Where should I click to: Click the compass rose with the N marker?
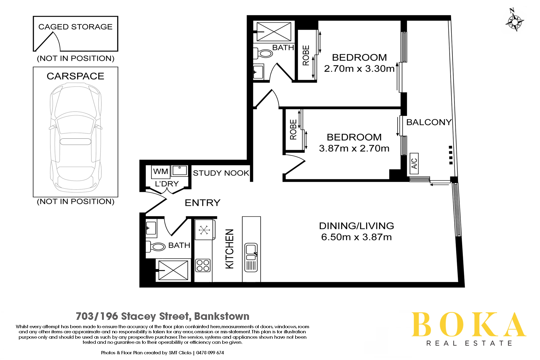514,21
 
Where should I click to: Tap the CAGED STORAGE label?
75,27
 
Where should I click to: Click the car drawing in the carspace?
75,138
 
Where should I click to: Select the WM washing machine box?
160,171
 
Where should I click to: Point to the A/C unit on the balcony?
414,163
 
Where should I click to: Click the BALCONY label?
429,122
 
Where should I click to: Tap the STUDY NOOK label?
221,173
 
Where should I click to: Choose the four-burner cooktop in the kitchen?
203,265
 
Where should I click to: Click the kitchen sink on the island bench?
251,258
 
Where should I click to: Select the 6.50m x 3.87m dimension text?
356,237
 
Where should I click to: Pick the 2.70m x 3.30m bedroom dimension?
359,69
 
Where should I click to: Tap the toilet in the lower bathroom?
156,247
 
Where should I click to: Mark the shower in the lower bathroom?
173,270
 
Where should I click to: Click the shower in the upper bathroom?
274,31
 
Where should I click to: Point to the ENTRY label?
202,203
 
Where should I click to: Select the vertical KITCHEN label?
229,249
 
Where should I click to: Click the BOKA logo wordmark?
469,325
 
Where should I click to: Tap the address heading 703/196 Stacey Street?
163,316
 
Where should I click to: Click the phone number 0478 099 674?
210,353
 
